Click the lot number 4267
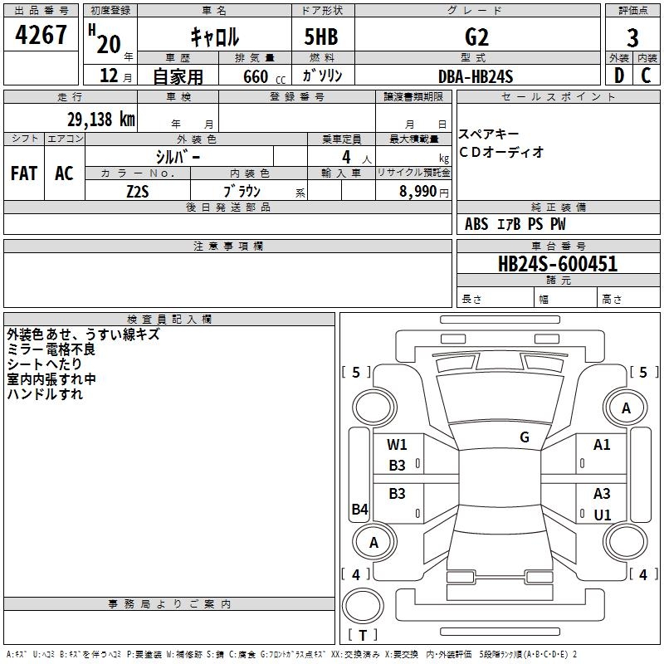[x=41, y=36]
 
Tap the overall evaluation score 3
[x=632, y=38]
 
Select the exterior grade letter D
[x=618, y=76]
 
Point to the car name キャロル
[x=215, y=37]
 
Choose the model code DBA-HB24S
[x=476, y=76]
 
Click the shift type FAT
[x=23, y=173]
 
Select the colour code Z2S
[x=137, y=191]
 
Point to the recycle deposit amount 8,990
[x=419, y=192]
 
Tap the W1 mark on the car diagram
[x=397, y=444]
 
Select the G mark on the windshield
[x=525, y=437]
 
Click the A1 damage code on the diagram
[x=602, y=445]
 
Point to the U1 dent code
[x=602, y=515]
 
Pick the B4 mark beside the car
[x=359, y=510]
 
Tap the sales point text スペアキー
[x=490, y=134]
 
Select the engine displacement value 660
[x=256, y=76]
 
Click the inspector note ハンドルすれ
[x=45, y=395]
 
